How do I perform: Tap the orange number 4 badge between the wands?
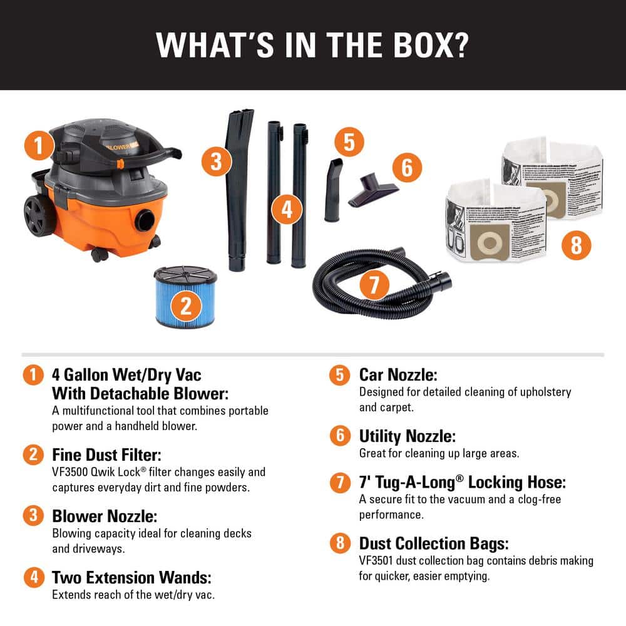click(287, 210)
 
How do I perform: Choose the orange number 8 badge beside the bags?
click(576, 245)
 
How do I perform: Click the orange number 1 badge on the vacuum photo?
click(39, 147)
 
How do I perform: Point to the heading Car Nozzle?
click(398, 375)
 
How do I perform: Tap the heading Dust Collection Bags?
click(430, 543)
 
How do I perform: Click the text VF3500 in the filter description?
click(68, 472)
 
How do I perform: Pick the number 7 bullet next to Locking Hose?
click(340, 483)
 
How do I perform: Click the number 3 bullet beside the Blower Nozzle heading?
click(33, 516)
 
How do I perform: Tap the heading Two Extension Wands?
click(131, 577)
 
